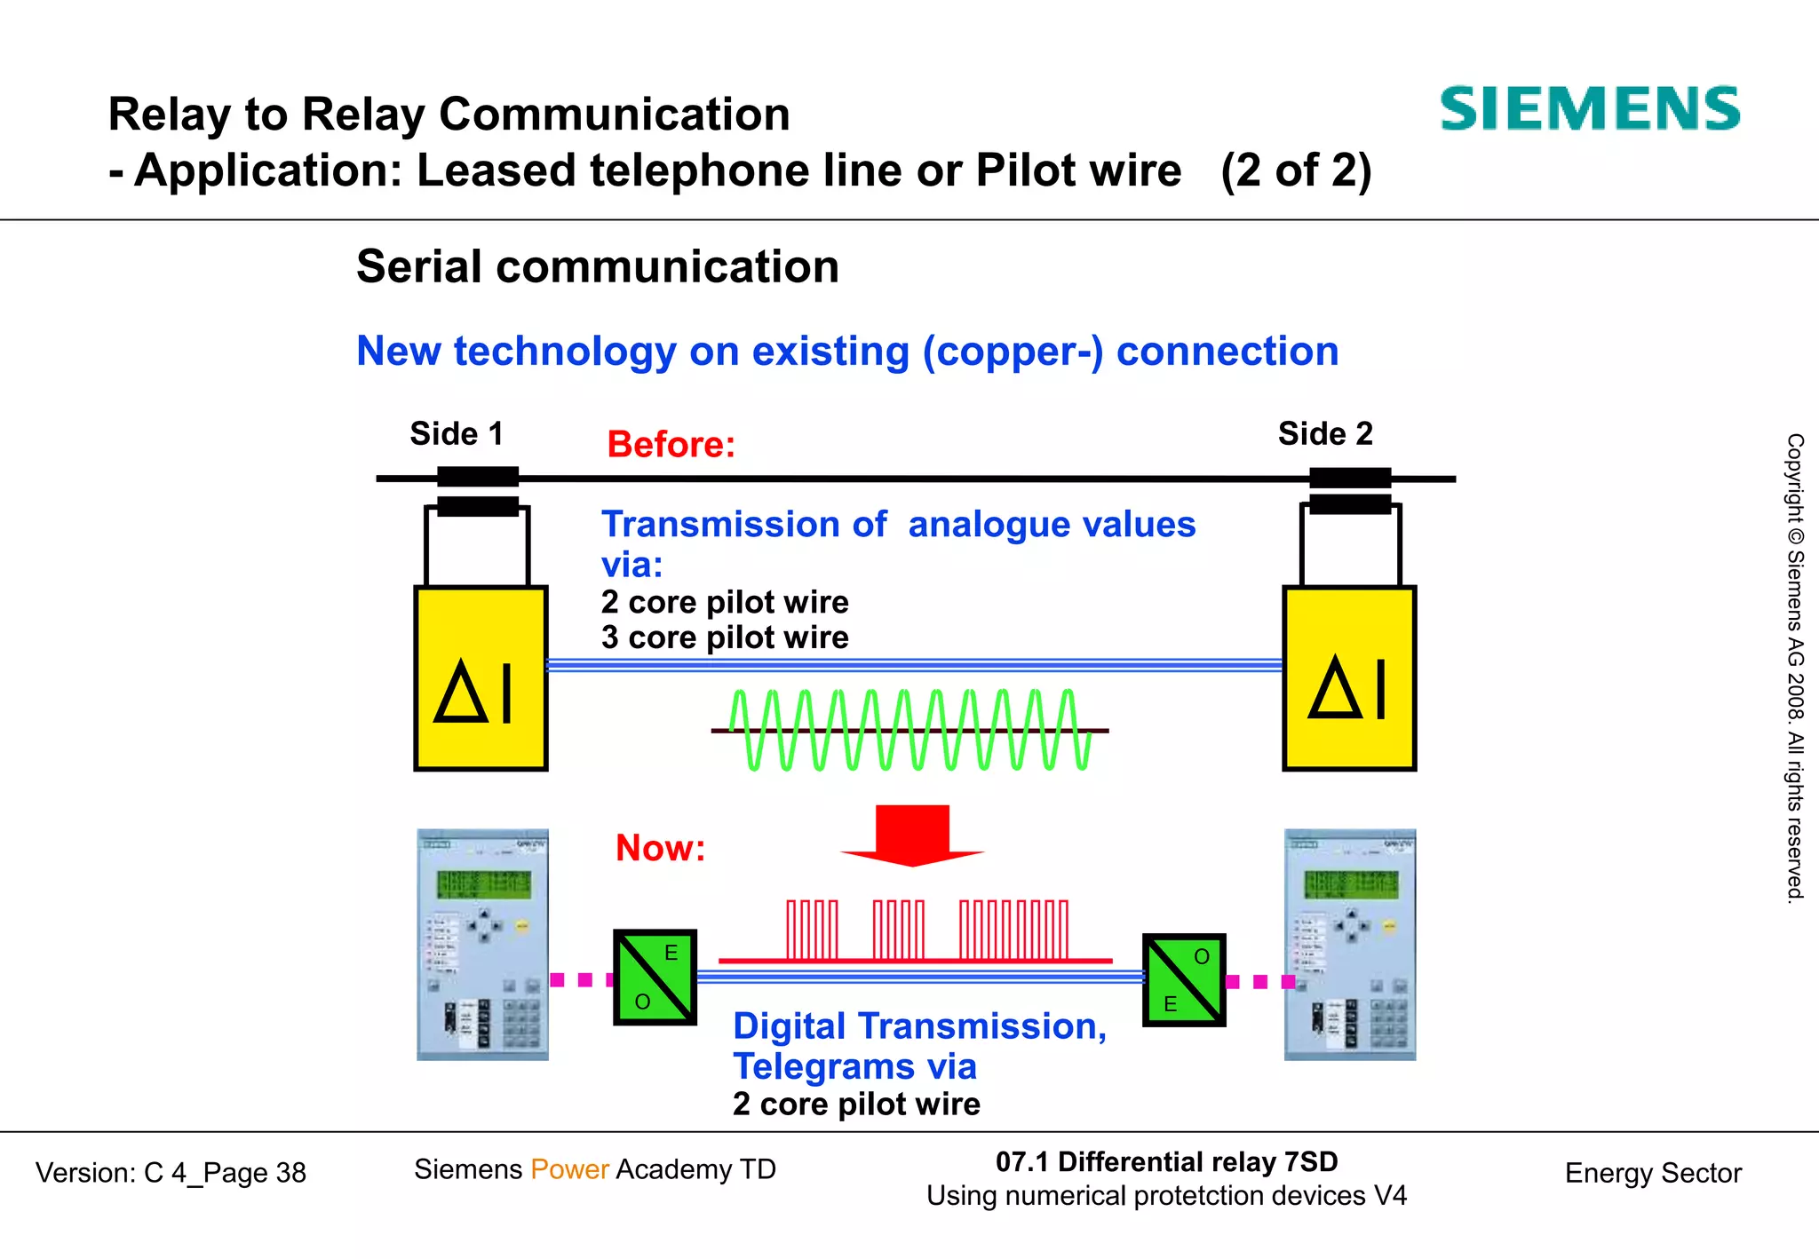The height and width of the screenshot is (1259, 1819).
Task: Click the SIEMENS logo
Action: click(x=1589, y=109)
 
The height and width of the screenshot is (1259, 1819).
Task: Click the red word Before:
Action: click(x=671, y=444)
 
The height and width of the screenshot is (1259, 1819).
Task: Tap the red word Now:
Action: click(x=660, y=848)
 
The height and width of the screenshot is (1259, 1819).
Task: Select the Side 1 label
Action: click(x=456, y=434)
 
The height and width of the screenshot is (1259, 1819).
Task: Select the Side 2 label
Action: click(x=1324, y=434)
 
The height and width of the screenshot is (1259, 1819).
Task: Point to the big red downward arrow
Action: click(x=912, y=835)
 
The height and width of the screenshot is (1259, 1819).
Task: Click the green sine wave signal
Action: click(x=909, y=730)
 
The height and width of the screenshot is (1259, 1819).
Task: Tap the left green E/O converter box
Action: click(x=655, y=978)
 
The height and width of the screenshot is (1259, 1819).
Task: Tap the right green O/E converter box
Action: click(x=1184, y=980)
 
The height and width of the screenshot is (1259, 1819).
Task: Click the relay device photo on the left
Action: click(x=482, y=945)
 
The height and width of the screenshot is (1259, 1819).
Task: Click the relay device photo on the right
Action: click(x=1349, y=945)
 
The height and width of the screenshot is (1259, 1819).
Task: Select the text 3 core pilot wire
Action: click(x=724, y=637)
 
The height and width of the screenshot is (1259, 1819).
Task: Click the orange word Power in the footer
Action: click(x=569, y=1169)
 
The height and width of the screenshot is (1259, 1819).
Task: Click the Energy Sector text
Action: click(x=1652, y=1173)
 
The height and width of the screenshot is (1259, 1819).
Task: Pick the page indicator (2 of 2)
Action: click(x=1296, y=170)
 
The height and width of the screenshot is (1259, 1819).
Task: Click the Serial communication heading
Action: click(x=598, y=266)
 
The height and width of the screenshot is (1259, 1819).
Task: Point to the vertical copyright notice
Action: click(x=1795, y=668)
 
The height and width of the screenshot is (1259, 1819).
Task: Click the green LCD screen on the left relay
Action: click(x=483, y=884)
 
